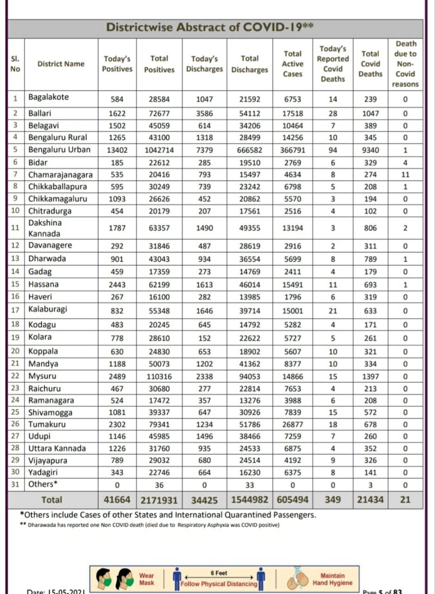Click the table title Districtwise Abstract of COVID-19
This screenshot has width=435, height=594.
tap(209, 27)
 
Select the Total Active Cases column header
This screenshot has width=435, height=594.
tap(292, 64)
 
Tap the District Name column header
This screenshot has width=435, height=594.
tap(61, 64)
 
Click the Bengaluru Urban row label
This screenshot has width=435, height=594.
tap(59, 150)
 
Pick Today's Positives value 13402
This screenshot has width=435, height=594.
tap(117, 150)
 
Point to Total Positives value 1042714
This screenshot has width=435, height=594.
tap(159, 150)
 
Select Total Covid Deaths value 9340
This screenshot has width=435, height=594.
tap(370, 150)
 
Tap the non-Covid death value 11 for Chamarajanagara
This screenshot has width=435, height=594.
tap(405, 174)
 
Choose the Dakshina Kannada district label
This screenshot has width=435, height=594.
tap(45, 228)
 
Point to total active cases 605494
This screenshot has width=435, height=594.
tap(292, 500)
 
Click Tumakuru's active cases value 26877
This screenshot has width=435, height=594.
tap(292, 424)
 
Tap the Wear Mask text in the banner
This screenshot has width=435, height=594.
tap(147, 579)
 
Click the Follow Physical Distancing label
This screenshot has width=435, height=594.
tap(219, 584)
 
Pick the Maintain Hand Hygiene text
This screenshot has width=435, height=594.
tap(332, 579)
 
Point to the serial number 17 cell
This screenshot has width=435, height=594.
tap(15, 311)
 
